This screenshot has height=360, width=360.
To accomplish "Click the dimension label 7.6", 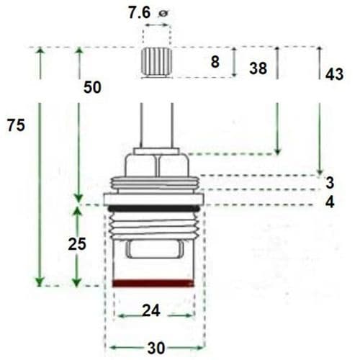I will click(x=141, y=13).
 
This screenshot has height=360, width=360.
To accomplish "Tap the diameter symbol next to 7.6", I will click(x=164, y=13).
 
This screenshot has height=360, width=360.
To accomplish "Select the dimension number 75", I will click(x=16, y=125).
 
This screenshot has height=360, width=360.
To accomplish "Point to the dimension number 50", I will click(x=93, y=87).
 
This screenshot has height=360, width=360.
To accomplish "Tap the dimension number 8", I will click(x=215, y=63).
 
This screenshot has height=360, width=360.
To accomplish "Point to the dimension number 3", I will click(x=329, y=181).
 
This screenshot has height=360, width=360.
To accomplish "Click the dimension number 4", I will click(x=329, y=202).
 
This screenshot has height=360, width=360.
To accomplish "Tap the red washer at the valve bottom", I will click(x=154, y=283).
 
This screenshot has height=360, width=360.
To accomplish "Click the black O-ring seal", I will click(x=154, y=208).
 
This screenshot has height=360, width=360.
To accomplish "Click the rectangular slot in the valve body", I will click(x=153, y=249).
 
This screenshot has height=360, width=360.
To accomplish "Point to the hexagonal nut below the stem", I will click(x=156, y=166).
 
